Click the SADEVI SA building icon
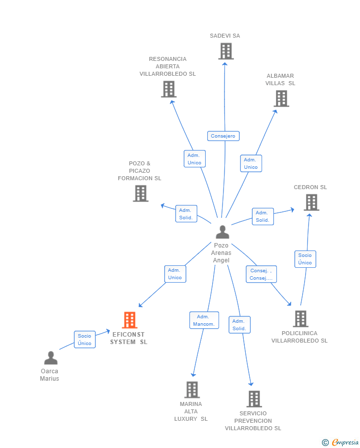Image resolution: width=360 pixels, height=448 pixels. [225, 51]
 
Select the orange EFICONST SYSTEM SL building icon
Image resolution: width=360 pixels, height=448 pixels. [130, 320]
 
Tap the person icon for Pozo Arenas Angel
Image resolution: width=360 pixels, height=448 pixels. [223, 232]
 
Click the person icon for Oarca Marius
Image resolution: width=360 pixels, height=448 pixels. [50, 357]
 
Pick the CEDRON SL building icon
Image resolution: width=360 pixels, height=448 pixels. [311, 202]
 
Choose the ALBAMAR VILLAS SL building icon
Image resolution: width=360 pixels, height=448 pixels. [281, 99]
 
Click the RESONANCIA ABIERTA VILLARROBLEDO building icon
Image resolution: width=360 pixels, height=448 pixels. [169, 89]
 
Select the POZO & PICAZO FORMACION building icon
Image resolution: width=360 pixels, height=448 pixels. [140, 193]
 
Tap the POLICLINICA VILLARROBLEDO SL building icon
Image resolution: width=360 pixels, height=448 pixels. [300, 319]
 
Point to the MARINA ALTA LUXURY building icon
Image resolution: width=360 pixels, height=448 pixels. [192, 390]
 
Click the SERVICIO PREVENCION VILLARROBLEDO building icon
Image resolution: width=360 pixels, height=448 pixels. [254, 398]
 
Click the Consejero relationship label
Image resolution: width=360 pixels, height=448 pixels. [223, 136]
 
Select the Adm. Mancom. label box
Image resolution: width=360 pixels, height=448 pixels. [204, 320]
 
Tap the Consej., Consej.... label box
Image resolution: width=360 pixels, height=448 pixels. [261, 274]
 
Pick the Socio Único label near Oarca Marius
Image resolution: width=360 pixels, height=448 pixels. [85, 340]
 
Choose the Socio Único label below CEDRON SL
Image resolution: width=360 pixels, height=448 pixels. [305, 259]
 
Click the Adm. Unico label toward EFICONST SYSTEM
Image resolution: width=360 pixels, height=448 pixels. [175, 274]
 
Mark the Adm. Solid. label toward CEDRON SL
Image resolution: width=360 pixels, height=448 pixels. [263, 216]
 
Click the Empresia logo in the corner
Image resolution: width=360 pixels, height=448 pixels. [340, 442]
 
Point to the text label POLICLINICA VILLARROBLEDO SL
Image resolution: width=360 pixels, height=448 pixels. [299, 337]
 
